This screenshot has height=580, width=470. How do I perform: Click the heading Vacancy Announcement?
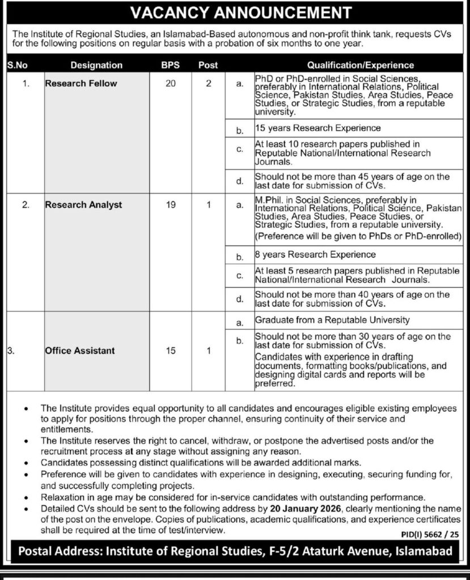[235, 12]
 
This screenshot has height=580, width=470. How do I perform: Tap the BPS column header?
[171, 65]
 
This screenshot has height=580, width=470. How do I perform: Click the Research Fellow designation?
[81, 83]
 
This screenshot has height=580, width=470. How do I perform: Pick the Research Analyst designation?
[83, 204]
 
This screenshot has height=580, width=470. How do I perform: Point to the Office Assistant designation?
[80, 351]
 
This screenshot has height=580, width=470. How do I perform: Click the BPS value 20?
[171, 83]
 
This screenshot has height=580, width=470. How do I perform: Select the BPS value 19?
[171, 204]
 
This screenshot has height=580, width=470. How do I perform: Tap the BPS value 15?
[171, 351]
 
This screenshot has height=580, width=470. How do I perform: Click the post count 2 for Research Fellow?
[209, 83]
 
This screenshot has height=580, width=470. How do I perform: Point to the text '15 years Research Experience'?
[318, 129]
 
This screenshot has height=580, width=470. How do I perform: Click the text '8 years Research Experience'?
[315, 254]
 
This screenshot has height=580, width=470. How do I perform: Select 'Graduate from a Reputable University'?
[331, 320]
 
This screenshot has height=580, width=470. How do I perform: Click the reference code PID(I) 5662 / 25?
[424, 534]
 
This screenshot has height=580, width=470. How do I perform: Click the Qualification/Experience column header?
[361, 65]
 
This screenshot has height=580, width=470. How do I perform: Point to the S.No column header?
[18, 65]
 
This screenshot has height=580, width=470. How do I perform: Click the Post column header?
[208, 65]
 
